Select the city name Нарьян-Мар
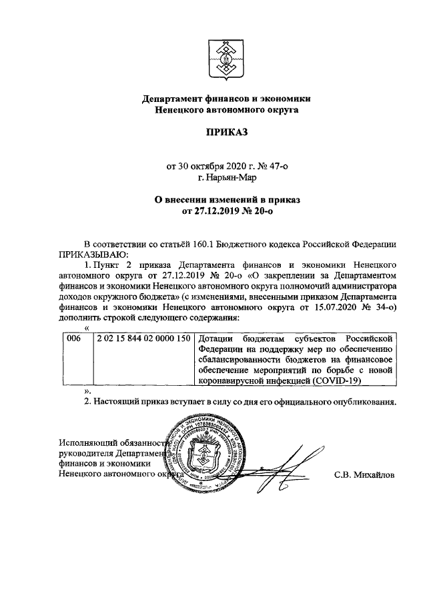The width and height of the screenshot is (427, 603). tap(228, 177)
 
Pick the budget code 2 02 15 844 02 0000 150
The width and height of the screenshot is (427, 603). tap(143, 339)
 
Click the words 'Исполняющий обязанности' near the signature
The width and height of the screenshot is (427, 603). tap(111, 442)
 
